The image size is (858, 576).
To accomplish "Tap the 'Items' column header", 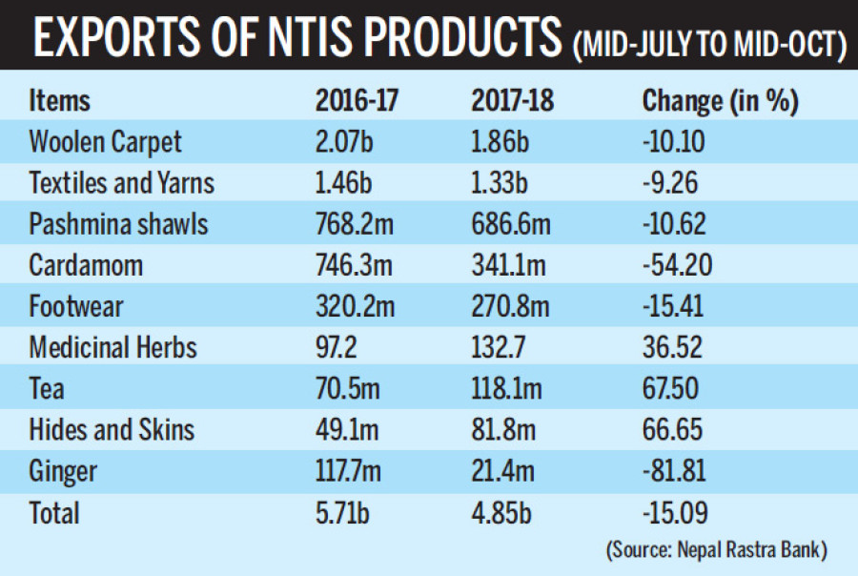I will [x=60, y=100].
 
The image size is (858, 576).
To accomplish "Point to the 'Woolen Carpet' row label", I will [x=106, y=142].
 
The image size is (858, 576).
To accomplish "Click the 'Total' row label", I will [x=54, y=513].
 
